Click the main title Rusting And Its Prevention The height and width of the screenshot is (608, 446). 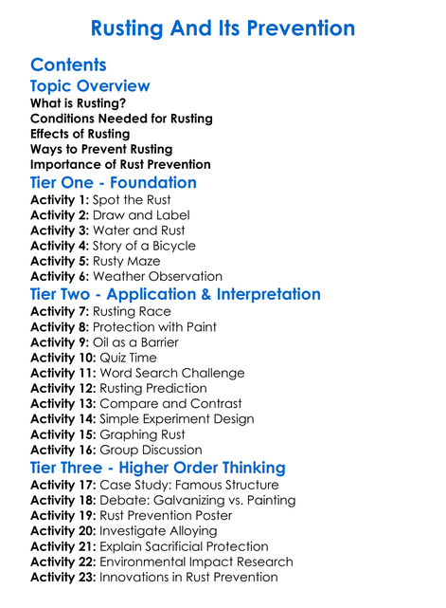tap(223, 28)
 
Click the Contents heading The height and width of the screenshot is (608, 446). tap(68, 64)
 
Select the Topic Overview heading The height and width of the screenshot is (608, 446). tap(90, 85)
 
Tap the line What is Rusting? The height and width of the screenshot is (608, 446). tap(78, 102)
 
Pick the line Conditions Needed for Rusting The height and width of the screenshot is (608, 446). tap(121, 119)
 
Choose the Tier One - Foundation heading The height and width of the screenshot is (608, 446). tap(114, 182)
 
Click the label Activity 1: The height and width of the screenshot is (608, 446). tap(60, 199)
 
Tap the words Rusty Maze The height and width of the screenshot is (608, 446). tap(126, 261)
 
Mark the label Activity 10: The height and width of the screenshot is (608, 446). tap(63, 358)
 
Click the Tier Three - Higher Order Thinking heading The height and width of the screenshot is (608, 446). tap(157, 468)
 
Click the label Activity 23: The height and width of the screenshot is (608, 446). tap(63, 577)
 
